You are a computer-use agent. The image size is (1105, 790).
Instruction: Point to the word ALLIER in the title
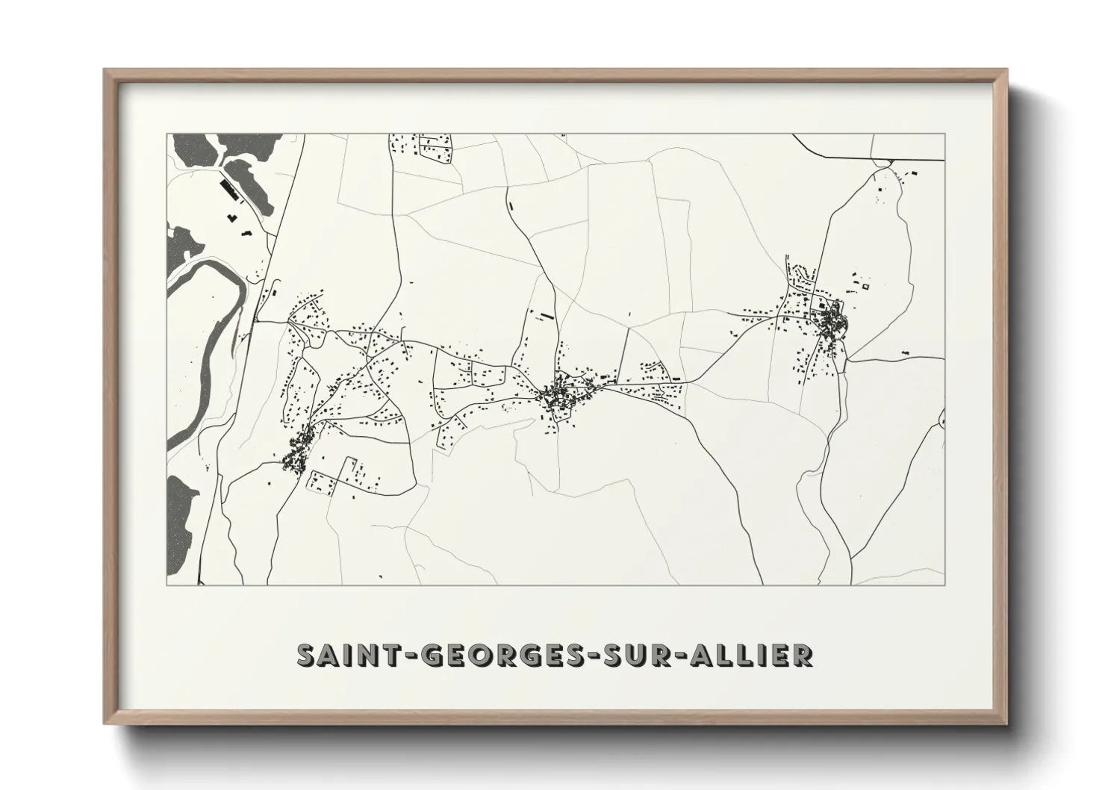point(755,656)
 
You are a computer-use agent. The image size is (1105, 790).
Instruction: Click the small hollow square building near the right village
point(866,286)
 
